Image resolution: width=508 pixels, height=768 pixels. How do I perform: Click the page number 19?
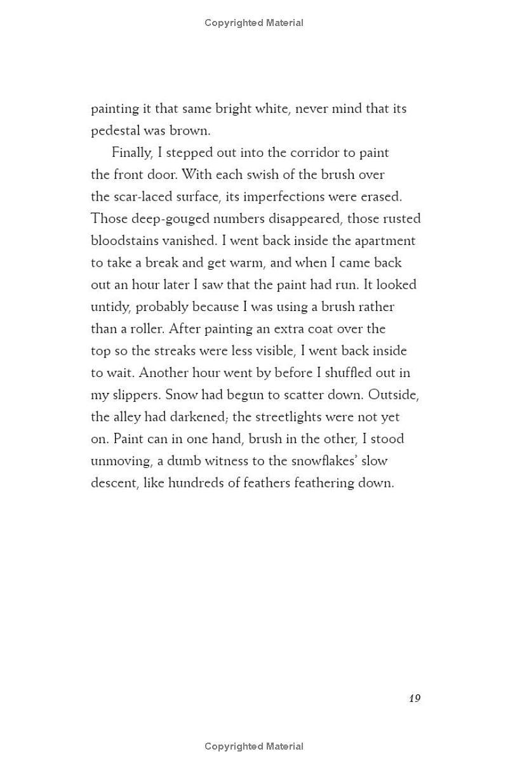pyautogui.click(x=415, y=698)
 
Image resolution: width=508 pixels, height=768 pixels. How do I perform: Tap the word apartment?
pyautogui.click(x=387, y=241)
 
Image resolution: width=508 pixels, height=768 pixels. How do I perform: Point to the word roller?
pyautogui.click(x=142, y=329)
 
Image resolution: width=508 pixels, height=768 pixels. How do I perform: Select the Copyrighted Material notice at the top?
pyautogui.click(x=254, y=23)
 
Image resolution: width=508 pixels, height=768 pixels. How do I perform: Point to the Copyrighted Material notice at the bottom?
pyautogui.click(x=254, y=746)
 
